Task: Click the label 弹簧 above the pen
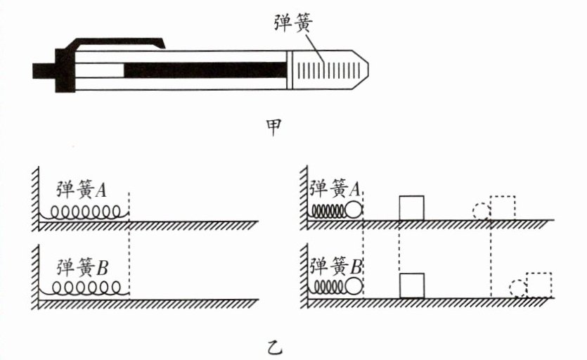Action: (x=293, y=22)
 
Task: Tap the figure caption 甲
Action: (x=273, y=127)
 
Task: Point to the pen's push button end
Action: (x=44, y=71)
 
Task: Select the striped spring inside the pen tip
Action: (x=329, y=70)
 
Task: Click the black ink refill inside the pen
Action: (x=205, y=70)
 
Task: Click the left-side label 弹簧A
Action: (x=82, y=189)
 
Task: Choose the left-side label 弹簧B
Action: (x=82, y=267)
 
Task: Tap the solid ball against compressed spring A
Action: (x=354, y=210)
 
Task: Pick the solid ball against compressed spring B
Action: (x=354, y=287)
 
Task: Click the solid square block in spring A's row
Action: (x=411, y=208)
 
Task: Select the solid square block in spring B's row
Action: (x=412, y=285)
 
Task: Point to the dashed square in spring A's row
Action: (x=503, y=208)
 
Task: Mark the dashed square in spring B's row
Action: (x=539, y=285)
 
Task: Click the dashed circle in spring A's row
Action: (x=482, y=211)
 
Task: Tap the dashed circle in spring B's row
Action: (x=518, y=288)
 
